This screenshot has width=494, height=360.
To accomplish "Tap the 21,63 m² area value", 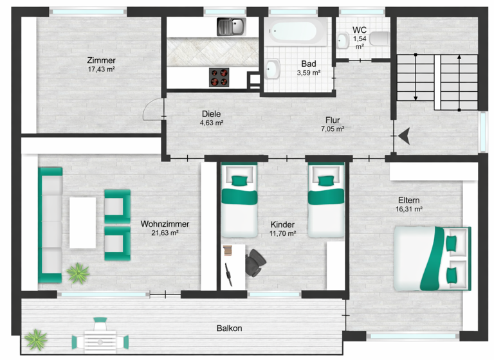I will point(165,233).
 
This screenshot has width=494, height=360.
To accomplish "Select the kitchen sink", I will point(231,27).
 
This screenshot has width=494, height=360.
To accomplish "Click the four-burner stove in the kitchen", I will point(219,77).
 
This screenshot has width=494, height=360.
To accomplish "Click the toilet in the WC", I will point(380,39).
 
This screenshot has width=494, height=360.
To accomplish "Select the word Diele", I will point(211,114).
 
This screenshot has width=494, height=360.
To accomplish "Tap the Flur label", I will point(333,120).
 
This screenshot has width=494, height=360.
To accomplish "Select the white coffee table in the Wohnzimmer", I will point(82,222).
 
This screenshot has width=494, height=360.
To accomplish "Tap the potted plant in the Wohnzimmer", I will point(78,273).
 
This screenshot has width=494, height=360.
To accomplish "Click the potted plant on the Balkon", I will point(36,338).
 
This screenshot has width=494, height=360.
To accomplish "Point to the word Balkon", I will point(229,328).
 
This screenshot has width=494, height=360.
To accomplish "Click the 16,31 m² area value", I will point(409,209).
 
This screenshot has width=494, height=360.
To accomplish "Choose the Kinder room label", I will point(283,224).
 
